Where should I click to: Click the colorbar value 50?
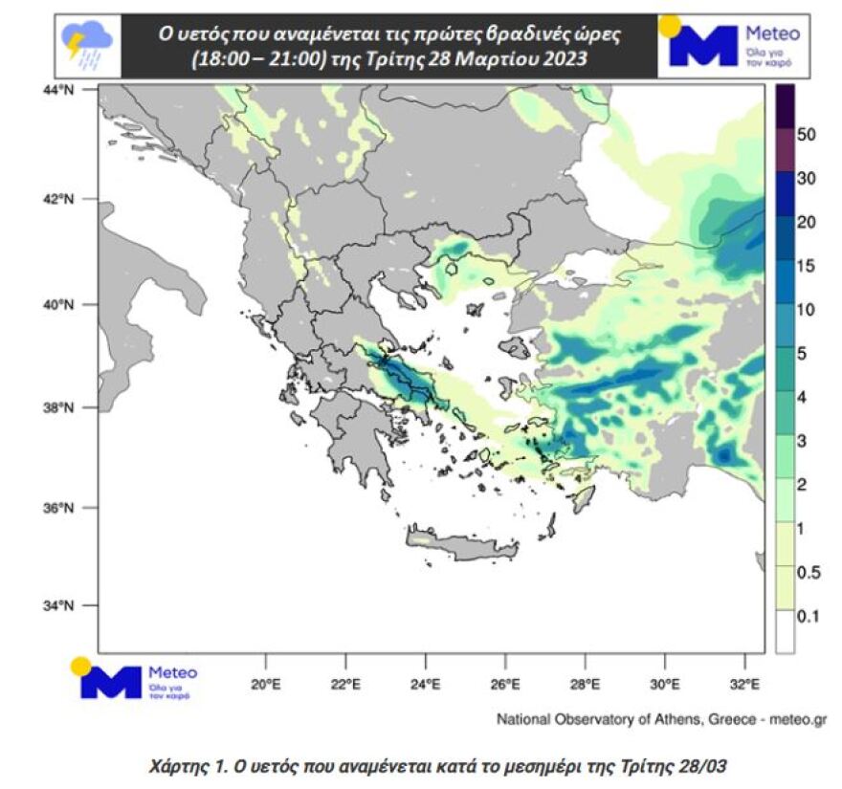(806, 135)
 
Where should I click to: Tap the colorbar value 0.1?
(809, 617)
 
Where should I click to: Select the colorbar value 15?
(806, 266)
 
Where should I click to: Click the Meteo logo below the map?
(134, 680)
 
